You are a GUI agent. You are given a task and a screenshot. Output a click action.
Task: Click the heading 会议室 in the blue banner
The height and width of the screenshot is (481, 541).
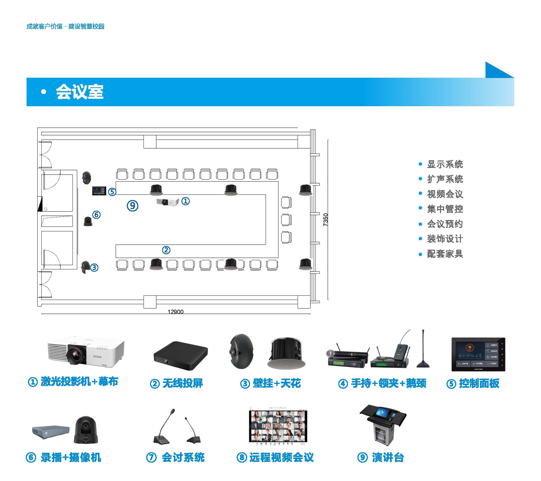coord(79,92)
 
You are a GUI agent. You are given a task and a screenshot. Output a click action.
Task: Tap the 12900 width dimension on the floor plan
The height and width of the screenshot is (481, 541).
coord(175,311)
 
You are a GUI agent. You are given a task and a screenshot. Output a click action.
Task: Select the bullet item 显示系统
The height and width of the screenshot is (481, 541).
coord(445,164)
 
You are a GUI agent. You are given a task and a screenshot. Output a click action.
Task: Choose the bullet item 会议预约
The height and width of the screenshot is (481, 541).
coord(445,224)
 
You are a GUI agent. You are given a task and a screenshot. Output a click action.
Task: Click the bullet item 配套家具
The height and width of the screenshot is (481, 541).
coord(445,254)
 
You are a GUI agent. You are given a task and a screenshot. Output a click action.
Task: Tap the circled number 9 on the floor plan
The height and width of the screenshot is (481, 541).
coord(132,205)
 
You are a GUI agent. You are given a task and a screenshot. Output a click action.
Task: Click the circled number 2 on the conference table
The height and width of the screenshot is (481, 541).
coord(166,250)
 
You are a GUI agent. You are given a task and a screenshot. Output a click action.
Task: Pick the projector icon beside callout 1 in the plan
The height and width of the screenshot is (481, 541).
coord(167,202)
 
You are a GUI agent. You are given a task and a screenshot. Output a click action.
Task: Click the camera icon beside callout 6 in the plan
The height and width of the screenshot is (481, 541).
coord(88,221)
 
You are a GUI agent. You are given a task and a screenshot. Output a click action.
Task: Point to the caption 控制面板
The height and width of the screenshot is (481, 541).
coord(479,383)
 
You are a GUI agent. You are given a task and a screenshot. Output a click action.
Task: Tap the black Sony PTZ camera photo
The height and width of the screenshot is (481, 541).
coord(86,430)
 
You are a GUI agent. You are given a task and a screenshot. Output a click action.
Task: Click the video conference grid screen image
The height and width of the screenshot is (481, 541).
coord(278,426)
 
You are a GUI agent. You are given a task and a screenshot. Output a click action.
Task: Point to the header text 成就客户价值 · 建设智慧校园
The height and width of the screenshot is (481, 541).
coord(65,27)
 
